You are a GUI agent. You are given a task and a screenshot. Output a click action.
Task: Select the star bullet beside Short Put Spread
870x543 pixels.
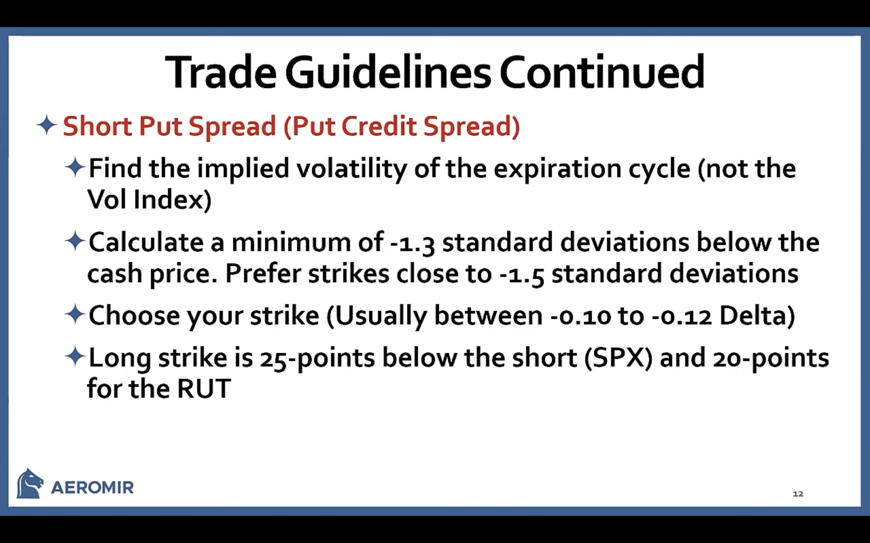click(47, 125)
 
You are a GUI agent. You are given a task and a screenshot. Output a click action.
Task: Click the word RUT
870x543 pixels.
click(204, 389)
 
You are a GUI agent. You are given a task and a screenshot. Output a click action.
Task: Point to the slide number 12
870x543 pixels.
click(798, 494)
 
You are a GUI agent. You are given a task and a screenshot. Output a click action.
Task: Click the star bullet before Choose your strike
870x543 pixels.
click(75, 314)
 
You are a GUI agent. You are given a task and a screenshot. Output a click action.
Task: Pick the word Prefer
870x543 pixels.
click(263, 274)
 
